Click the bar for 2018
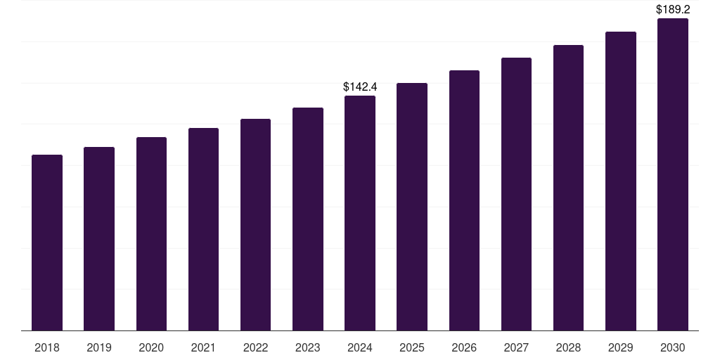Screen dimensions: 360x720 pos(47,243)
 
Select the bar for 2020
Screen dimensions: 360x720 pos(151,233)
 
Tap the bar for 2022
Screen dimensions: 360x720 pos(255,224)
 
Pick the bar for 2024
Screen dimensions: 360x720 pos(360,213)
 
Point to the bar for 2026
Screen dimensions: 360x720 pos(464,200)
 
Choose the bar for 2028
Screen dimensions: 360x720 pos(568,188)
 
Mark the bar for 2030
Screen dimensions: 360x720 pos(673,174)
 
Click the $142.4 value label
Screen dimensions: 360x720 pos(360,87)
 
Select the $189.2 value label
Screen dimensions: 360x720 pos(673,10)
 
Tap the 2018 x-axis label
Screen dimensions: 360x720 pos(47,347)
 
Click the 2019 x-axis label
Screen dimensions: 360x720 pos(99,347)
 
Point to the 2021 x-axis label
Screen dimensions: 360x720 pos(203,347)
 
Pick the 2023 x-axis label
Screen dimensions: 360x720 pos(308,347)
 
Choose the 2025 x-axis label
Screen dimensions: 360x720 pos(412,347)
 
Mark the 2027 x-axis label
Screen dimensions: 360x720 pos(516,347)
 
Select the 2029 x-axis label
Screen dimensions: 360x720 pos(621,347)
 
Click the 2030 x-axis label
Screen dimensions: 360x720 pos(673,347)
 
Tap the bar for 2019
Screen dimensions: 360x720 pos(99,238)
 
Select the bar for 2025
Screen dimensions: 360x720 pos(412,207)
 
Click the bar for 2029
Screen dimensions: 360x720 pos(621,181)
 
